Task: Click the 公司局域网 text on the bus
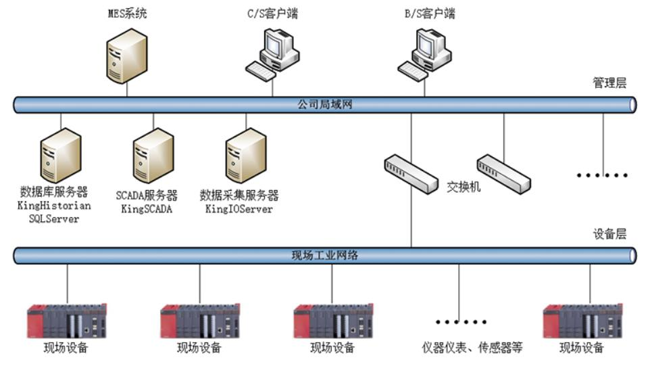click(x=325, y=105)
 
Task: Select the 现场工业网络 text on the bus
click(x=325, y=255)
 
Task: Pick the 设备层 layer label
click(x=609, y=234)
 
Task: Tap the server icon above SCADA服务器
click(x=152, y=155)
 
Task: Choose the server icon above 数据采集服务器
click(x=245, y=155)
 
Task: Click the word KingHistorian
click(x=54, y=206)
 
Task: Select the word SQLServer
click(x=54, y=219)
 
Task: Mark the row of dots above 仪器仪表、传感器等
click(x=461, y=322)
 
